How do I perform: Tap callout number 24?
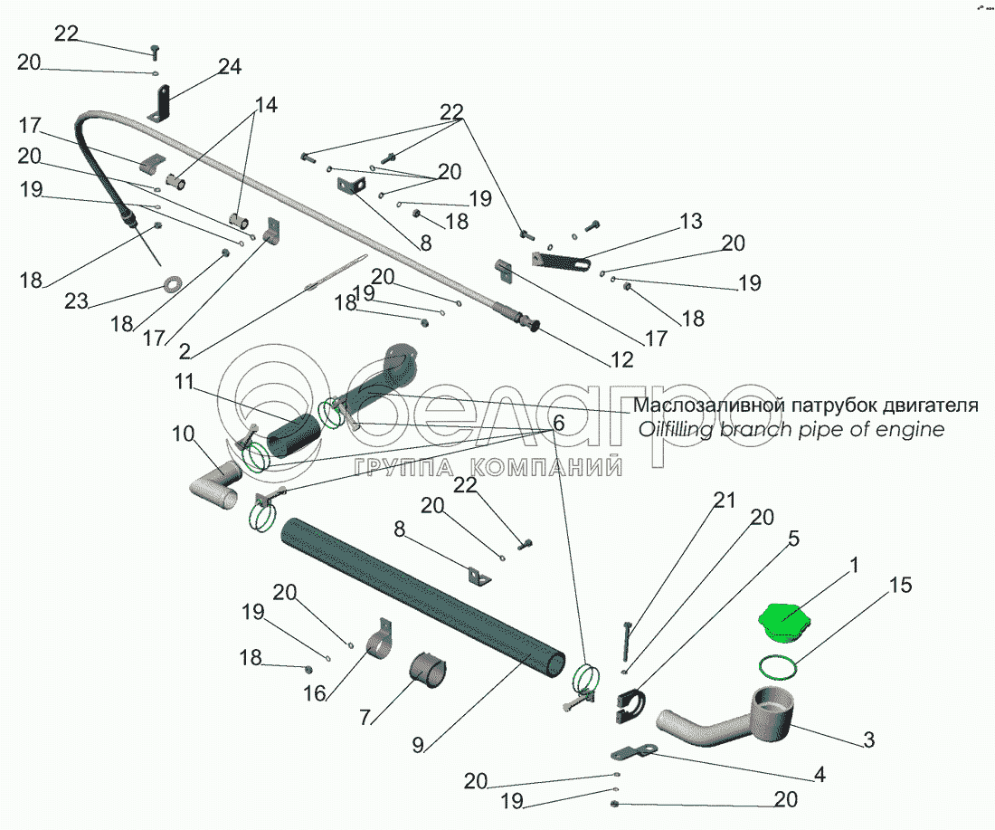tap(230, 67)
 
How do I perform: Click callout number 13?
tap(690, 222)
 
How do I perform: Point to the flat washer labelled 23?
tap(169, 287)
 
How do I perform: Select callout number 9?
tap(418, 745)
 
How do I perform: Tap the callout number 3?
tap(868, 739)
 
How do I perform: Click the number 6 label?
tap(558, 423)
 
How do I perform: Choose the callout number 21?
tap(725, 500)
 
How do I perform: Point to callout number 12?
tap(621, 360)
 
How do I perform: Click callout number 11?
tap(185, 383)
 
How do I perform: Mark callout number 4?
tap(820, 774)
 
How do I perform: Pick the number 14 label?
tap(264, 105)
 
